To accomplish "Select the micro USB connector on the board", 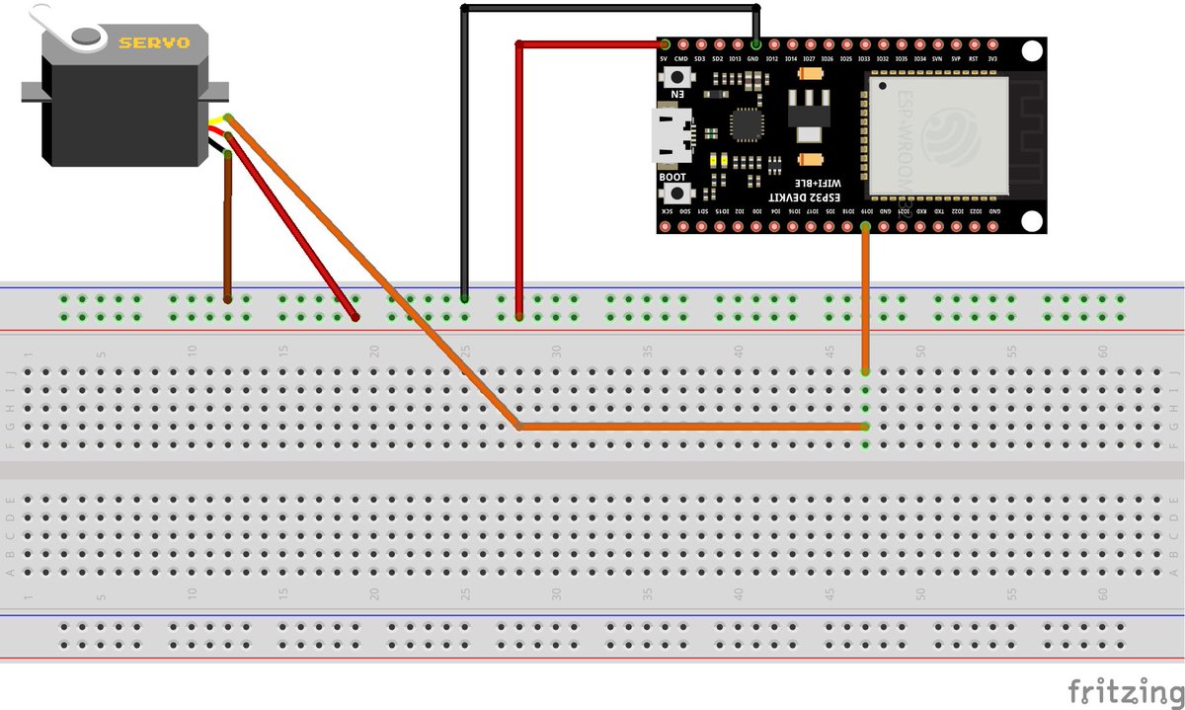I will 671,136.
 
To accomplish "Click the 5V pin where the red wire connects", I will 665,44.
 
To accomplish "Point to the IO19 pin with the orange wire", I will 866,227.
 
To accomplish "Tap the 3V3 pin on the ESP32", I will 992,44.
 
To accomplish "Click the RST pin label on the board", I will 974,59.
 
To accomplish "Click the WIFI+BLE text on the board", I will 819,184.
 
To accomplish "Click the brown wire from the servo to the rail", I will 228,227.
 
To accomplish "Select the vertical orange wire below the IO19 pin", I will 866,296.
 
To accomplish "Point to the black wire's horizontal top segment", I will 607,7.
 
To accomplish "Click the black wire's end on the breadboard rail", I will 464,297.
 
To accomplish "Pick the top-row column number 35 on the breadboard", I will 648,350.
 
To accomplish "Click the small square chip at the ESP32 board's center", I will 745,125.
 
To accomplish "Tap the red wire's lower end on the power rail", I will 519,316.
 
